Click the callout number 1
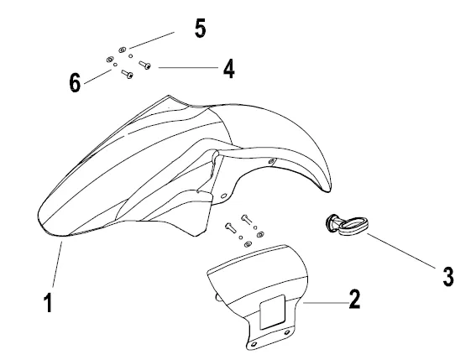coord(48,302)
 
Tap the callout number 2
coord(354,300)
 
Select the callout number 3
coord(448,276)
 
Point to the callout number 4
coord(229,69)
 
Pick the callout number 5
coord(200,29)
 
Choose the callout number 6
coord(75,82)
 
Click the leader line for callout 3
coord(401,251)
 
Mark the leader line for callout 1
coord(57,264)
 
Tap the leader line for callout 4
coord(188,67)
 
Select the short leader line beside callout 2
coord(326,303)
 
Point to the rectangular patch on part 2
coord(272,311)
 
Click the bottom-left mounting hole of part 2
coord(254,344)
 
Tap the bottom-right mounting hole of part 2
coord(287,333)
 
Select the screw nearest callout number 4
coord(144,65)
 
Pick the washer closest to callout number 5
coord(122,50)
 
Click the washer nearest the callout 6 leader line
coord(110,60)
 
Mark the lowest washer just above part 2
coord(248,244)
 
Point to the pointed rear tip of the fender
coord(329,190)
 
